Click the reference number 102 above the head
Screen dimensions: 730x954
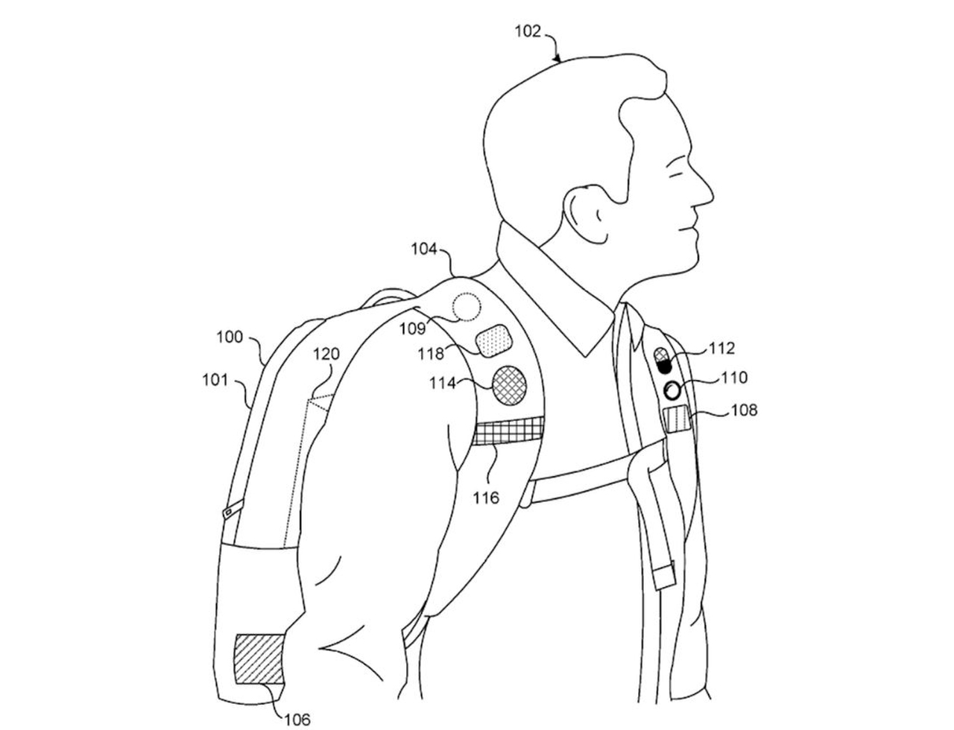[x=528, y=32]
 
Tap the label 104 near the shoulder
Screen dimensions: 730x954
[x=424, y=249]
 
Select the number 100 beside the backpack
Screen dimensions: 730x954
[x=230, y=337]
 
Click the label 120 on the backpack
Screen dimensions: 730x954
[x=326, y=354]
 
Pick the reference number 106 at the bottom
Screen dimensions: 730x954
[x=297, y=719]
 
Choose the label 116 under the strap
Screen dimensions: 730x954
[x=486, y=497]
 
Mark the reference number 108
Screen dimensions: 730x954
[x=744, y=409]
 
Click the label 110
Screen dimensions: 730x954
[x=734, y=378]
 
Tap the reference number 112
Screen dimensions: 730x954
[x=722, y=348]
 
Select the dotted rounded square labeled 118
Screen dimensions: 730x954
[x=494, y=341]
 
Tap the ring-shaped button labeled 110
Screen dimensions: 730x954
[x=673, y=390]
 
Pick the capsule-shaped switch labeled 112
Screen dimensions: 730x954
[x=662, y=361]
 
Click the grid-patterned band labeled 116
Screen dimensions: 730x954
[x=508, y=431]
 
